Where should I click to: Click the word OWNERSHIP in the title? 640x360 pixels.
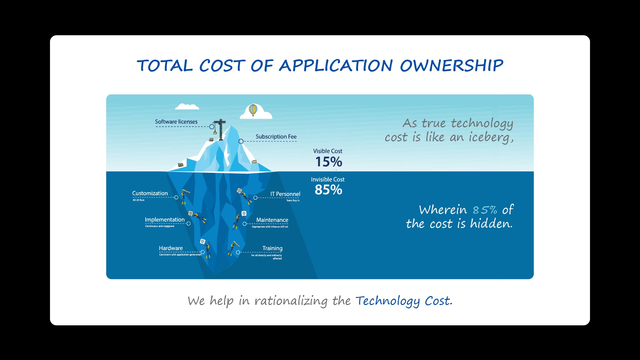coord(451,66)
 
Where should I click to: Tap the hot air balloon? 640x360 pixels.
coord(253,110)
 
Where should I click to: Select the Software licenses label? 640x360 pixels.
coord(176,122)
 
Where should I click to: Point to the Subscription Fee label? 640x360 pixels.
coord(276,137)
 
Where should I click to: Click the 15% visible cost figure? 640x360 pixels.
coord(329,162)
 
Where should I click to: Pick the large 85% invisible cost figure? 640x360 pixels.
coord(328,190)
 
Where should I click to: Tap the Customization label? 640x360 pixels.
coord(150,193)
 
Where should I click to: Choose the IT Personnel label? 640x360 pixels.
coord(285,194)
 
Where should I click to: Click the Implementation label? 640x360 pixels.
coord(165,220)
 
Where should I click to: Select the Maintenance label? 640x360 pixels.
coord(272,220)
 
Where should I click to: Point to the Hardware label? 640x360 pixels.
coord(171,248)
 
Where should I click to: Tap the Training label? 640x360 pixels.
coord(272,248)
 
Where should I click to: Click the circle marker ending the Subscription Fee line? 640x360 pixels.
coord(241,141)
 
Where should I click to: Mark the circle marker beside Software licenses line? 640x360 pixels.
coord(212,127)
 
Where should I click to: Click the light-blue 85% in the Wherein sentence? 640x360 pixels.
coord(485,210)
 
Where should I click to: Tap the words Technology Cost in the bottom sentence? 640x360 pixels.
coord(403,301)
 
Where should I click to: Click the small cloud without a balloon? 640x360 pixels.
coord(187,107)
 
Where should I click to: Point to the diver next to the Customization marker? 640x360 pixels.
coord(184,196)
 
